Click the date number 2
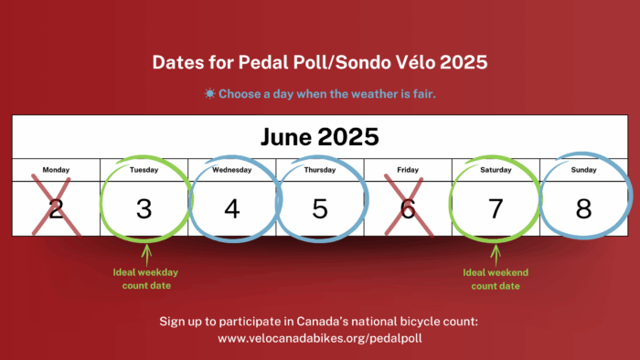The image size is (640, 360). coord(56,208)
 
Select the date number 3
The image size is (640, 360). coord(144,208)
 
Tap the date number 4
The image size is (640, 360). coord(232,208)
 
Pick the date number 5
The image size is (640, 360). coord(320,208)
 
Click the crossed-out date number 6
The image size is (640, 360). coord(408,208)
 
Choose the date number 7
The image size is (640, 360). coord(496,208)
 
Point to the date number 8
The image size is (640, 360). coord(583,208)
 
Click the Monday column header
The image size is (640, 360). coord(56,170)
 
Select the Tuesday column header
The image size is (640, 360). coord(144,170)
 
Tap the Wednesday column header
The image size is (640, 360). coord(232,170)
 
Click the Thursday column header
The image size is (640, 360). coord(320,170)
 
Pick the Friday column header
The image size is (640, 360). coord(408,170)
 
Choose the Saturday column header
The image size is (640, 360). coord(496,170)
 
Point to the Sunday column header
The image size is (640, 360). coord(583,170)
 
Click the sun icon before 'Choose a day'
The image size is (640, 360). coord(210,93)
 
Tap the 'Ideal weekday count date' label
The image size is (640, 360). coord(144,279)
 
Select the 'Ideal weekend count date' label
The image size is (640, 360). coord(496,279)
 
